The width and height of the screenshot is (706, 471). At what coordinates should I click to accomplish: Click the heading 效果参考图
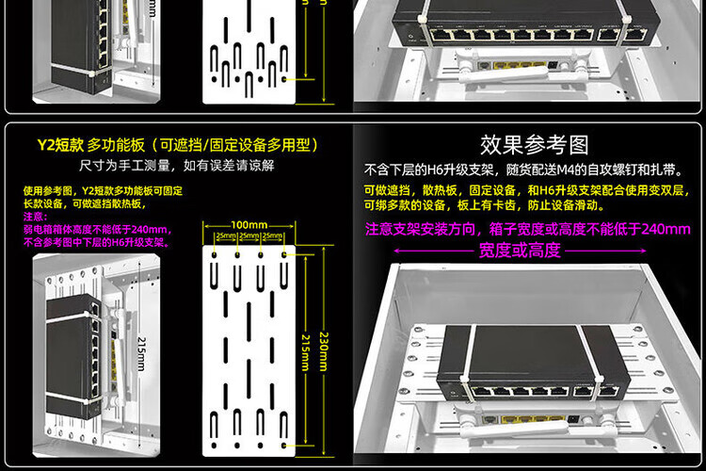point(534,144)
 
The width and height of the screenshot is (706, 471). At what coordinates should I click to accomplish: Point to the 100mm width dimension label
point(249,225)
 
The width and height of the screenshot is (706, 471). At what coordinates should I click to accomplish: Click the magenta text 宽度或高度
point(520,251)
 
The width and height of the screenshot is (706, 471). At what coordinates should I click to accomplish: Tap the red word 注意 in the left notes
point(34,217)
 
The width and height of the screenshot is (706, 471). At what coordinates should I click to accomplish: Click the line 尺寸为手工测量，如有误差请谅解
point(177,165)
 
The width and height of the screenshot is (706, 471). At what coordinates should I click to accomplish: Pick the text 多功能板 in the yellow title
point(116,145)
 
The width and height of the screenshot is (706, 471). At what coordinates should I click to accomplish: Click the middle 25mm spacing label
point(249,235)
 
